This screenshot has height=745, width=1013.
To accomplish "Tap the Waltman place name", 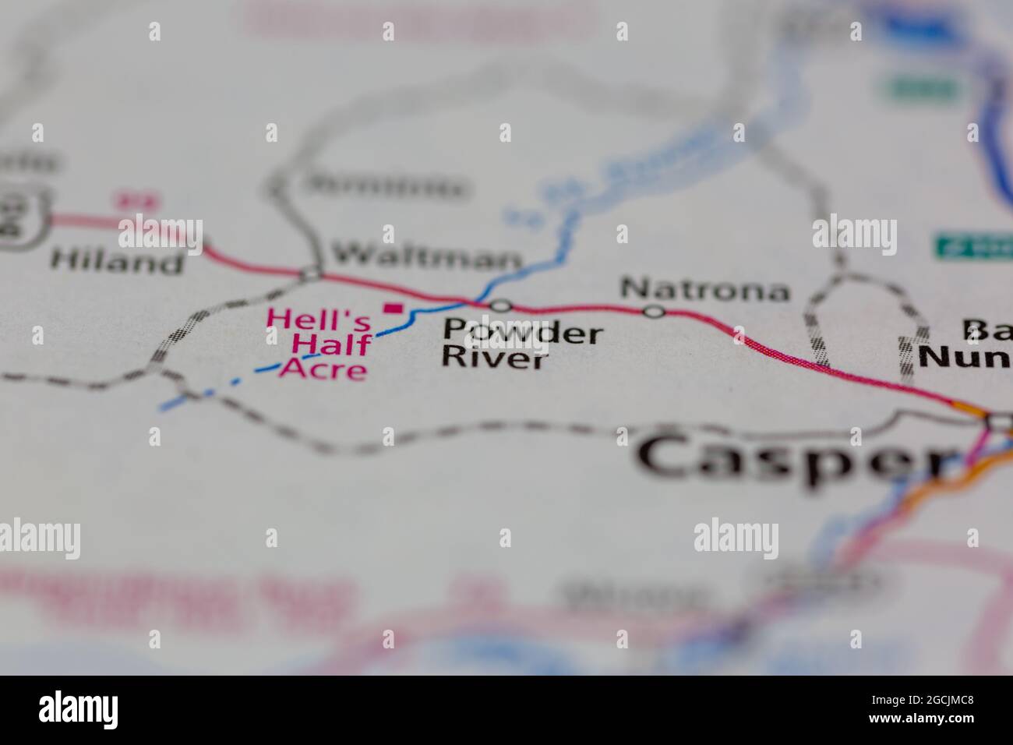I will (x=425, y=256).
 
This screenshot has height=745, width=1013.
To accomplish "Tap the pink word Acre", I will (x=323, y=368).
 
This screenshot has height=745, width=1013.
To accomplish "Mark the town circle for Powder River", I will (x=501, y=305).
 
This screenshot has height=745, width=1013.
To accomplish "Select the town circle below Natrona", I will (x=655, y=312).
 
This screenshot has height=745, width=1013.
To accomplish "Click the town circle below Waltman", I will (x=312, y=274).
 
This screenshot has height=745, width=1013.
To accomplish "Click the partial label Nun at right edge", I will (x=965, y=356).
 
